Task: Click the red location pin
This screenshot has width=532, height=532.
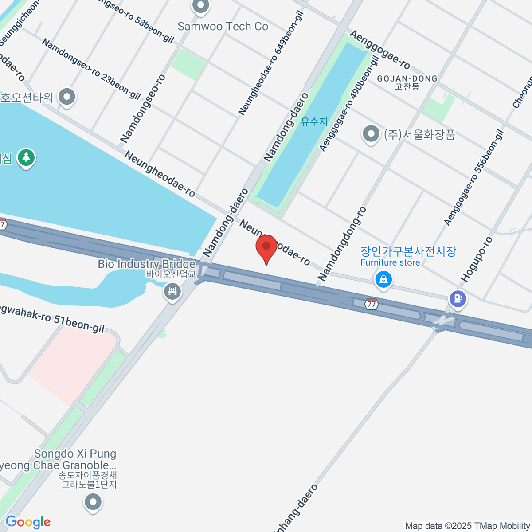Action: click(x=266, y=248)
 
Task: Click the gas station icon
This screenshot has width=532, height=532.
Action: click(x=458, y=298)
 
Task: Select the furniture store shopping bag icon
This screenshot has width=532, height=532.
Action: click(x=383, y=280)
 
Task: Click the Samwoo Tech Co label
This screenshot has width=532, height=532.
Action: click(x=223, y=26)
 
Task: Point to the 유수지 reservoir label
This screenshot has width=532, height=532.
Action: click(x=314, y=121)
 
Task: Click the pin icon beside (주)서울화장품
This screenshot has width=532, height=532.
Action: click(x=371, y=134)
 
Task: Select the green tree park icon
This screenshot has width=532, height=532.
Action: click(x=27, y=158)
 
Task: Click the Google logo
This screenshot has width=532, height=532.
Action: click(x=28, y=522)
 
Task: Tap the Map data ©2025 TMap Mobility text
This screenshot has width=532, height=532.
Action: click(x=467, y=526)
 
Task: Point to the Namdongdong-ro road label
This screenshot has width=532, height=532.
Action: click(x=342, y=243)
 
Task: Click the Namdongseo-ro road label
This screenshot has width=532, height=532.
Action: click(x=143, y=109)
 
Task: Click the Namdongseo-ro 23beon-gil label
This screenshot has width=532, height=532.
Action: click(x=91, y=68)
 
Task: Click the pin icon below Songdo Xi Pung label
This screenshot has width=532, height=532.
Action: click(x=93, y=503)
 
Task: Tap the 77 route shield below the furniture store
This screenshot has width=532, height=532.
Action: click(x=372, y=304)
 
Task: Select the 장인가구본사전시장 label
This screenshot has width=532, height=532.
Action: click(x=408, y=251)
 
